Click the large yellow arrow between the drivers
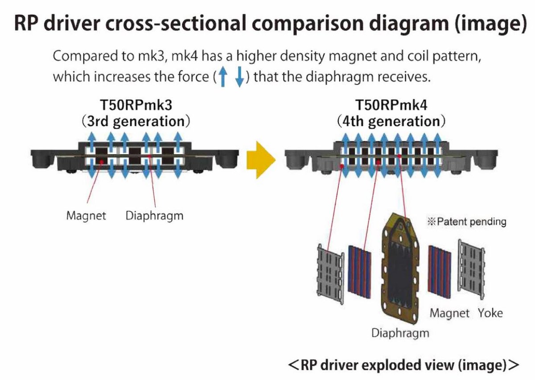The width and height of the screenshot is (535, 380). point(261,159)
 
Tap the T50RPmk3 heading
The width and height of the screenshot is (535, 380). point(136,105)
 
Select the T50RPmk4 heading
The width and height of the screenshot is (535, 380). point(391,105)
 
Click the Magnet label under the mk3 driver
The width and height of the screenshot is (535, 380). point(86,216)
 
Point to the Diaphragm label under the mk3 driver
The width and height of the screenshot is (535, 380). point(155,216)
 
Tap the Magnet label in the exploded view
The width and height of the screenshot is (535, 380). point(449,314)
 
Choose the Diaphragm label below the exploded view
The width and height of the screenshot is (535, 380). point(400,333)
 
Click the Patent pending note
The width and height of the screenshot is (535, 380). point(467,222)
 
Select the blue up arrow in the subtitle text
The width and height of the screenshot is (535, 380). point(223,76)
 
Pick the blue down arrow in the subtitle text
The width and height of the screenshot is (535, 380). point(239,77)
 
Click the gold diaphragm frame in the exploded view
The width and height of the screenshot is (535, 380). point(400,269)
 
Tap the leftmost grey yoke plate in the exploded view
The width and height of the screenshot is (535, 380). point(330,274)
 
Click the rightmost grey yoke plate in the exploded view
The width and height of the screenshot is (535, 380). point(471,270)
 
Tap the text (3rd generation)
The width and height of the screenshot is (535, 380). point(136,122)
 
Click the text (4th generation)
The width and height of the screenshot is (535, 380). point(391,122)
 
